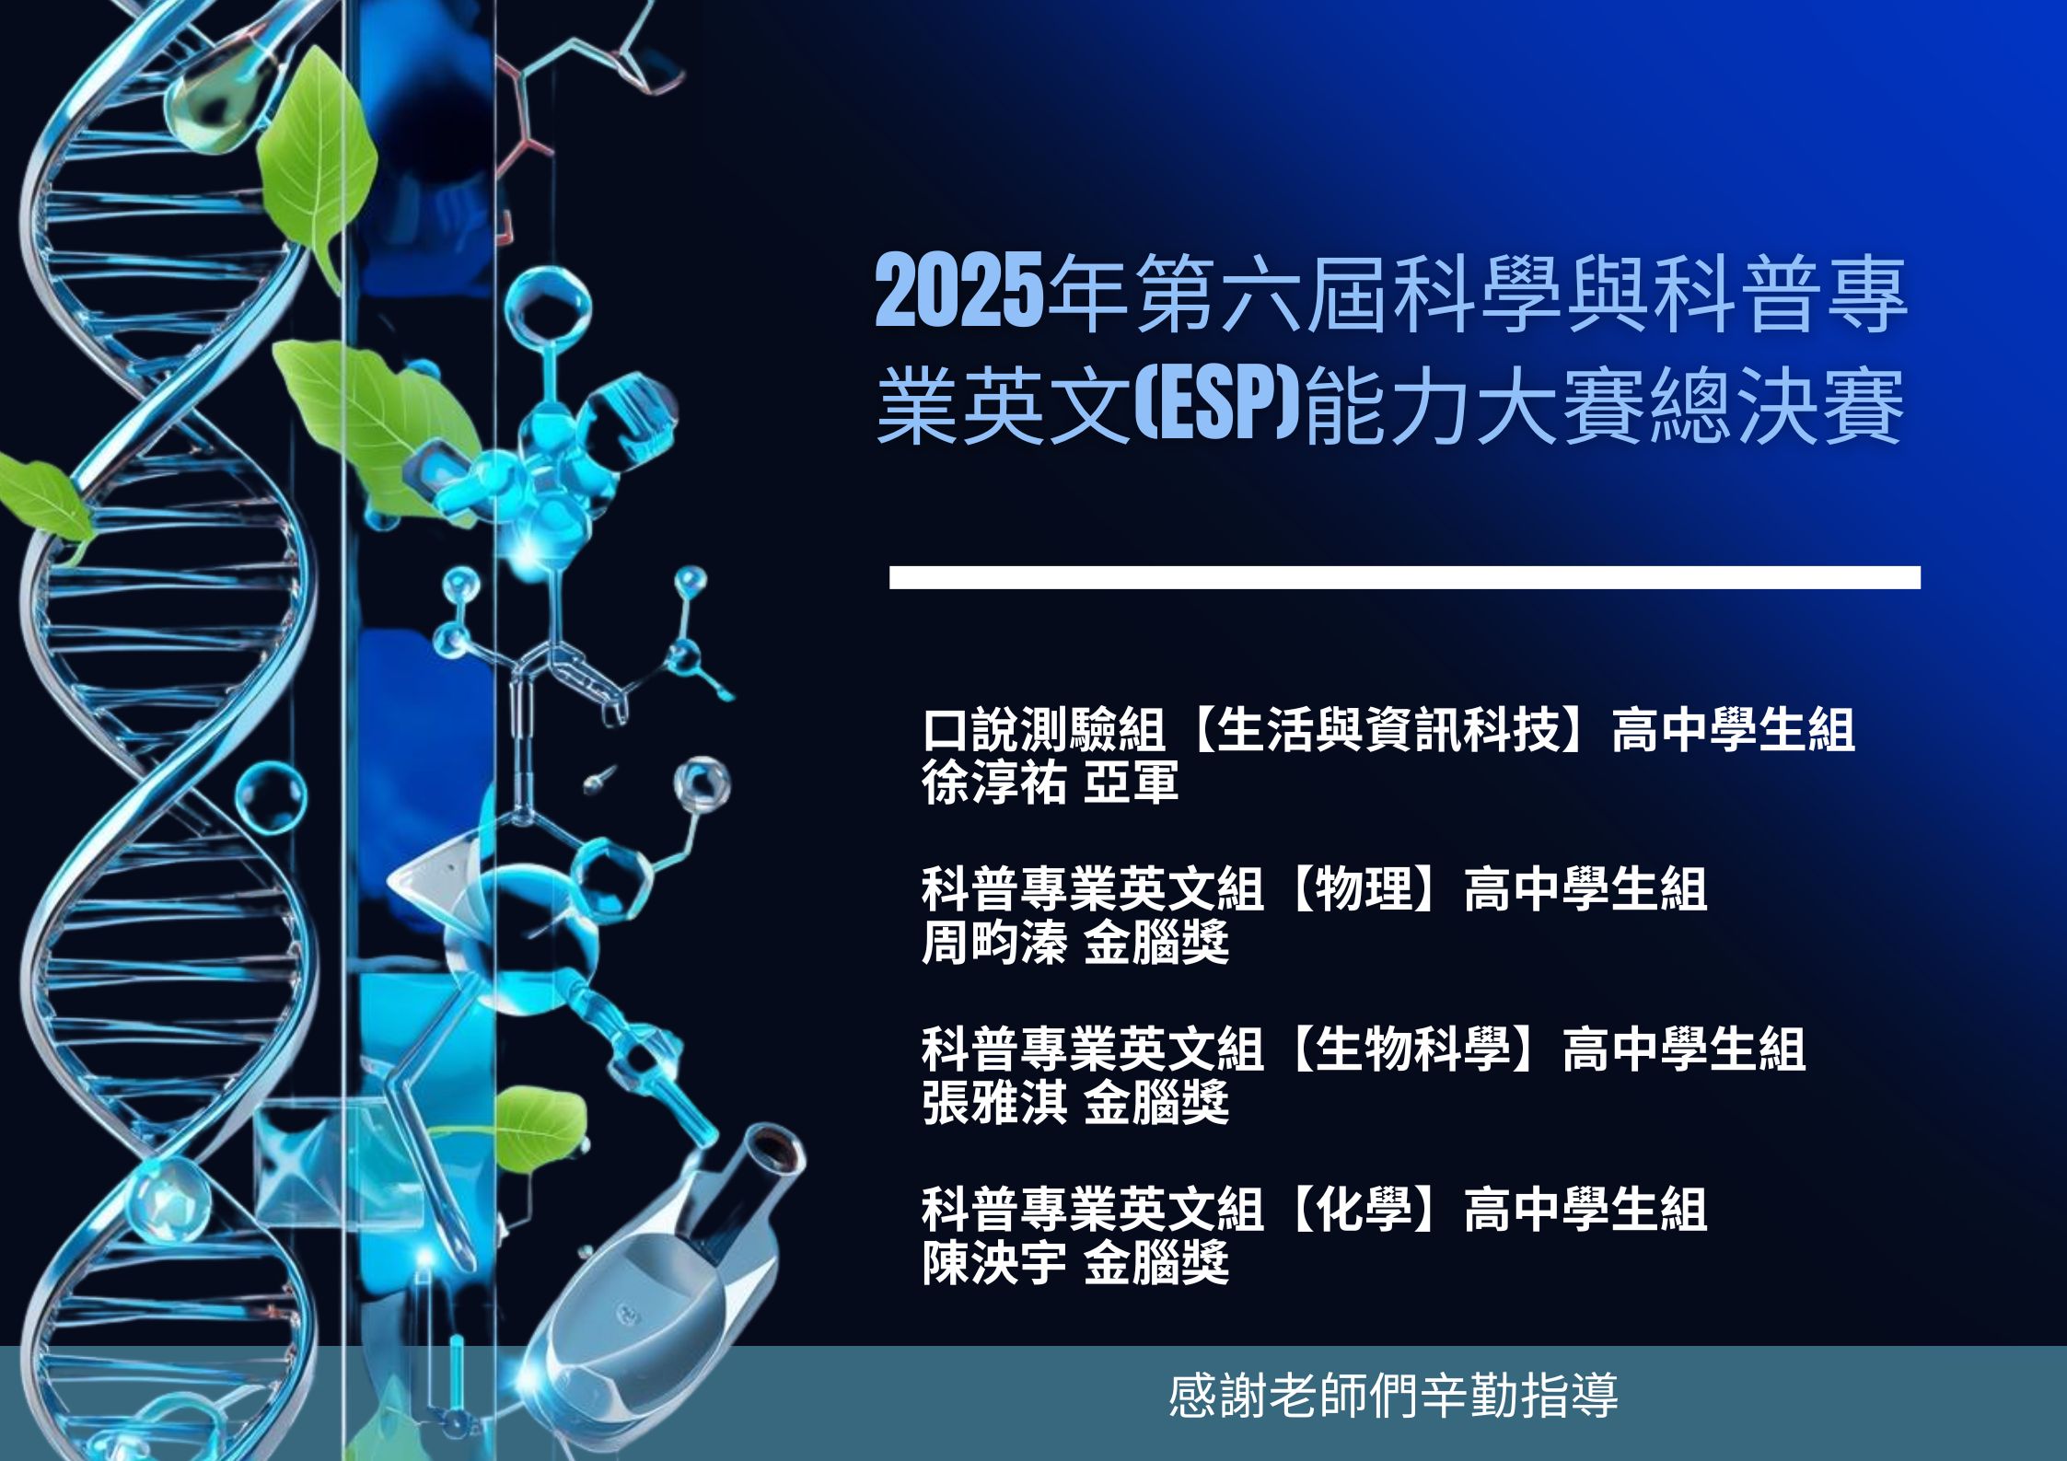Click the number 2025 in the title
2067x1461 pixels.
coord(959,293)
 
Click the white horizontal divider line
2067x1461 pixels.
coord(1405,577)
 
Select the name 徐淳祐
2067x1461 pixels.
coord(994,783)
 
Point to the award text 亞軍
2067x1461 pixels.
coord(1132,783)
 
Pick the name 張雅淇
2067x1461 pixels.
coord(994,1103)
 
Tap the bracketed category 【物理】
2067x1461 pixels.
coord(1364,889)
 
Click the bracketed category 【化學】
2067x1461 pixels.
coord(1364,1209)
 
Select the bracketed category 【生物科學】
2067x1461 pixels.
coord(1413,1049)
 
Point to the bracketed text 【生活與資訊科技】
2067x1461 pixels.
coord(1388,730)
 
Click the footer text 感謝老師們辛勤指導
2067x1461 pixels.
coord(1394,1396)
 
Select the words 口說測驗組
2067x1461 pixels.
coord(1044,730)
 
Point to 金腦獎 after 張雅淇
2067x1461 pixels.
coord(1156,1103)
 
